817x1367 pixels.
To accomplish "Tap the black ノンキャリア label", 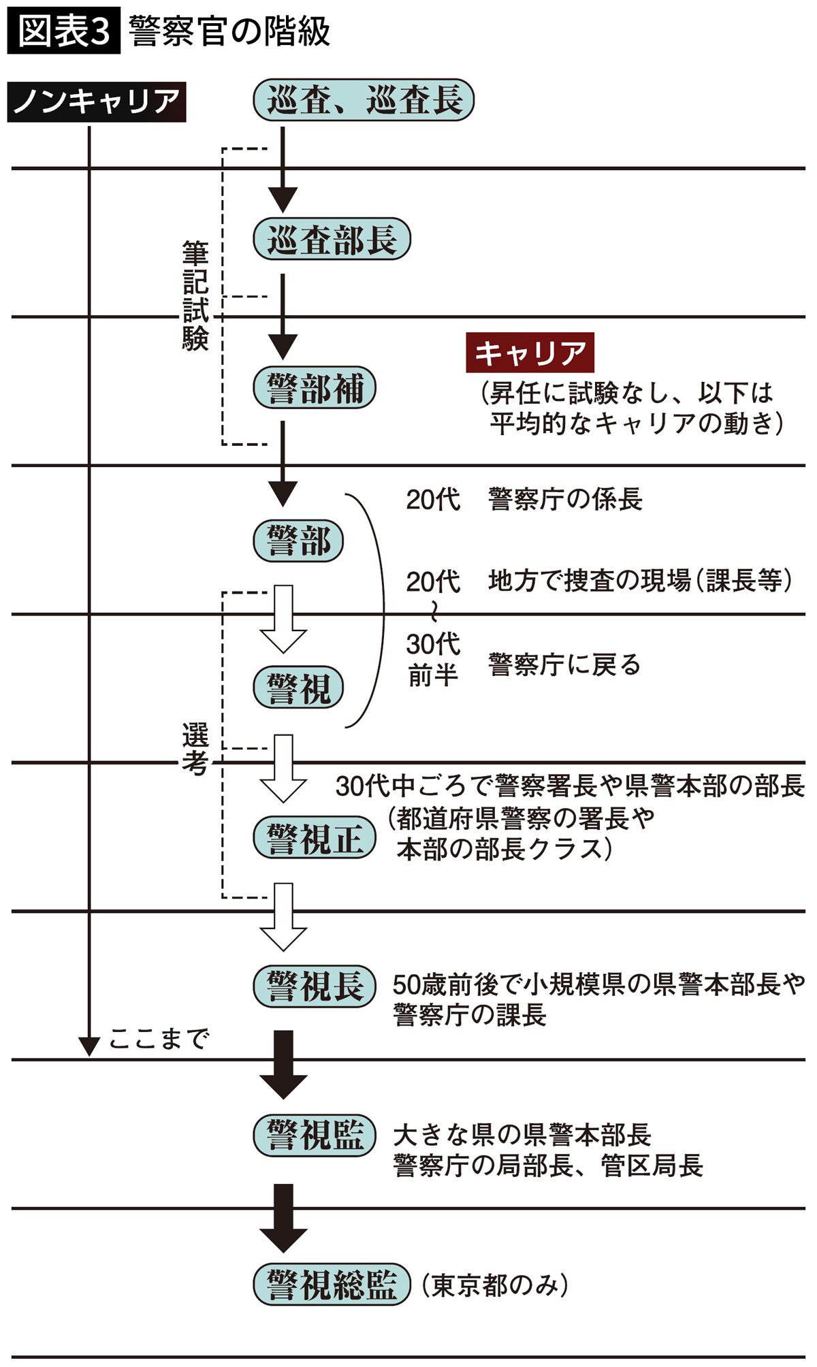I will click(x=96, y=102).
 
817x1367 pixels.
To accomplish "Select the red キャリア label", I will click(x=530, y=353).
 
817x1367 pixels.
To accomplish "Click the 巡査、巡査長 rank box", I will click(x=364, y=101).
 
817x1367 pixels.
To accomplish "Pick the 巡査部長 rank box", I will click(x=332, y=239).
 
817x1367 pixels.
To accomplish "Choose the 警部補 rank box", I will click(x=314, y=388).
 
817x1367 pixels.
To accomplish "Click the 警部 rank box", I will click(x=298, y=541).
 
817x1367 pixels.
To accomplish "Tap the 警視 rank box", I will click(x=298, y=688).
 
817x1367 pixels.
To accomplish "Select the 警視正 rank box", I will click(x=314, y=837).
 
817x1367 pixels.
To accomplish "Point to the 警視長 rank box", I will click(x=314, y=986).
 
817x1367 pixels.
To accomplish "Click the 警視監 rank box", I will click(x=314, y=1135).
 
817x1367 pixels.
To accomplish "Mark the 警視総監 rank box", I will click(x=332, y=1285).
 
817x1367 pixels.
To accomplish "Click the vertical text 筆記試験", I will click(x=195, y=295).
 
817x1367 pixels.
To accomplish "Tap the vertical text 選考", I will click(x=195, y=749).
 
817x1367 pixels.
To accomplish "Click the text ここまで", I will click(x=158, y=1039).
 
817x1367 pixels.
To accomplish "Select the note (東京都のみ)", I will click(x=494, y=1285).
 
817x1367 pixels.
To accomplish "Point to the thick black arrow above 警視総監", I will click(x=283, y=1217).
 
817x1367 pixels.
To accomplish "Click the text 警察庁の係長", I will click(x=565, y=499).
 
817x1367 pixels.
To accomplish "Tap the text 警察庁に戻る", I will click(x=564, y=664).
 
